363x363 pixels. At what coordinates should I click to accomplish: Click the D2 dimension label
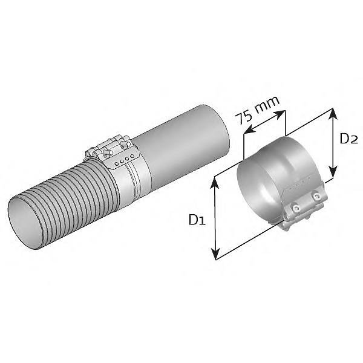(x=348, y=139)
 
